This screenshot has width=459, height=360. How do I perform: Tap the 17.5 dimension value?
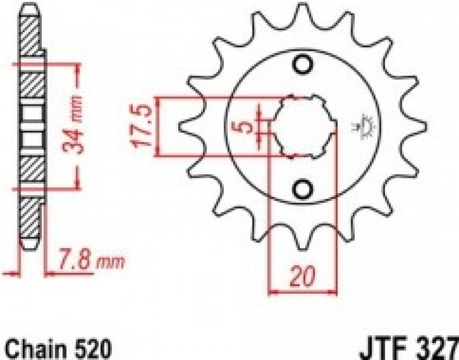point(143,126)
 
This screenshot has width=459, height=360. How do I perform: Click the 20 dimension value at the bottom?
point(302,276)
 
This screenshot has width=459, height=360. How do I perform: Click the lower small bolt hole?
point(302,190)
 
